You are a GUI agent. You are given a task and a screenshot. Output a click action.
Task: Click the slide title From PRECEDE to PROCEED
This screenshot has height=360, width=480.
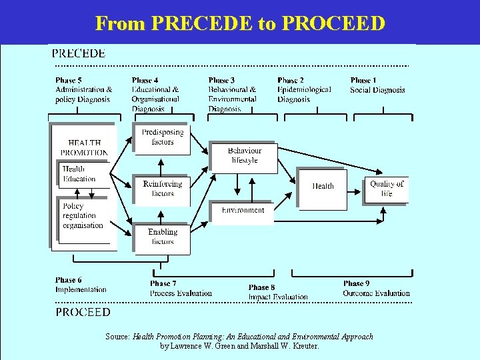pos(240,23)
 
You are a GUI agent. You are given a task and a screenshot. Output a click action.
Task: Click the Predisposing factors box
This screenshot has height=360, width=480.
pos(162,138)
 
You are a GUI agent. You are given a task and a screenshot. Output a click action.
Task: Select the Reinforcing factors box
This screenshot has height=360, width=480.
pos(162,189)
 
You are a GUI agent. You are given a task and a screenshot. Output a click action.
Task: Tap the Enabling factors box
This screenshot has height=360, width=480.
pos(162,237)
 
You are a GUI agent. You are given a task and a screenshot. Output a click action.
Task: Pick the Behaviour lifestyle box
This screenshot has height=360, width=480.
pos(243,157)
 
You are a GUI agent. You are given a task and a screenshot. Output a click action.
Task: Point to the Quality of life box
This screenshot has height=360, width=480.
pos(387,189)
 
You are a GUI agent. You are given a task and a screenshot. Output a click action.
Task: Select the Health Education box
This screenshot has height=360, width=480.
pos(79,174)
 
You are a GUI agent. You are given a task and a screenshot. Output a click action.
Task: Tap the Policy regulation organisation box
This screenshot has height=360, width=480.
pos(83,216)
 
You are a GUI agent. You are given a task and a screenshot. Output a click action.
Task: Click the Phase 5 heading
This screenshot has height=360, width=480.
pos(69,81)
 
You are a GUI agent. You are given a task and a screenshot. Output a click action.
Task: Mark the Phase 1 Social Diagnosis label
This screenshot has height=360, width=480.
pos(377,85)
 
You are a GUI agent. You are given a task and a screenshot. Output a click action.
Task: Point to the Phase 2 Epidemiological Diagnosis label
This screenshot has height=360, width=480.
pos(304,90)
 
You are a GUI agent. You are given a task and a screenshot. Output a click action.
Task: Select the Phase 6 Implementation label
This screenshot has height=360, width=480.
pos(81,285)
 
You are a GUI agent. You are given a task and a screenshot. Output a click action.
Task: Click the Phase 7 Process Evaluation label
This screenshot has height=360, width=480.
pos(181,289)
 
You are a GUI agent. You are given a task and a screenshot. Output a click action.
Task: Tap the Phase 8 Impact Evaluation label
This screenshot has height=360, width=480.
pos(277,292)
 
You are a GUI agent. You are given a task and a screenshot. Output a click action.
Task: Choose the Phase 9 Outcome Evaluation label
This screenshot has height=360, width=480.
pos(376,289)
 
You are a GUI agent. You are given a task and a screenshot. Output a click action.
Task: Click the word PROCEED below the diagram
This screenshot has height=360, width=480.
pos(83,312)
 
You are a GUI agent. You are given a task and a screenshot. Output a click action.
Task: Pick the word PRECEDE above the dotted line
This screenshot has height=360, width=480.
pos(79,54)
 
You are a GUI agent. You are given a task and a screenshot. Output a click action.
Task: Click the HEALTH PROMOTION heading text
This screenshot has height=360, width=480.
pos(85,147)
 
